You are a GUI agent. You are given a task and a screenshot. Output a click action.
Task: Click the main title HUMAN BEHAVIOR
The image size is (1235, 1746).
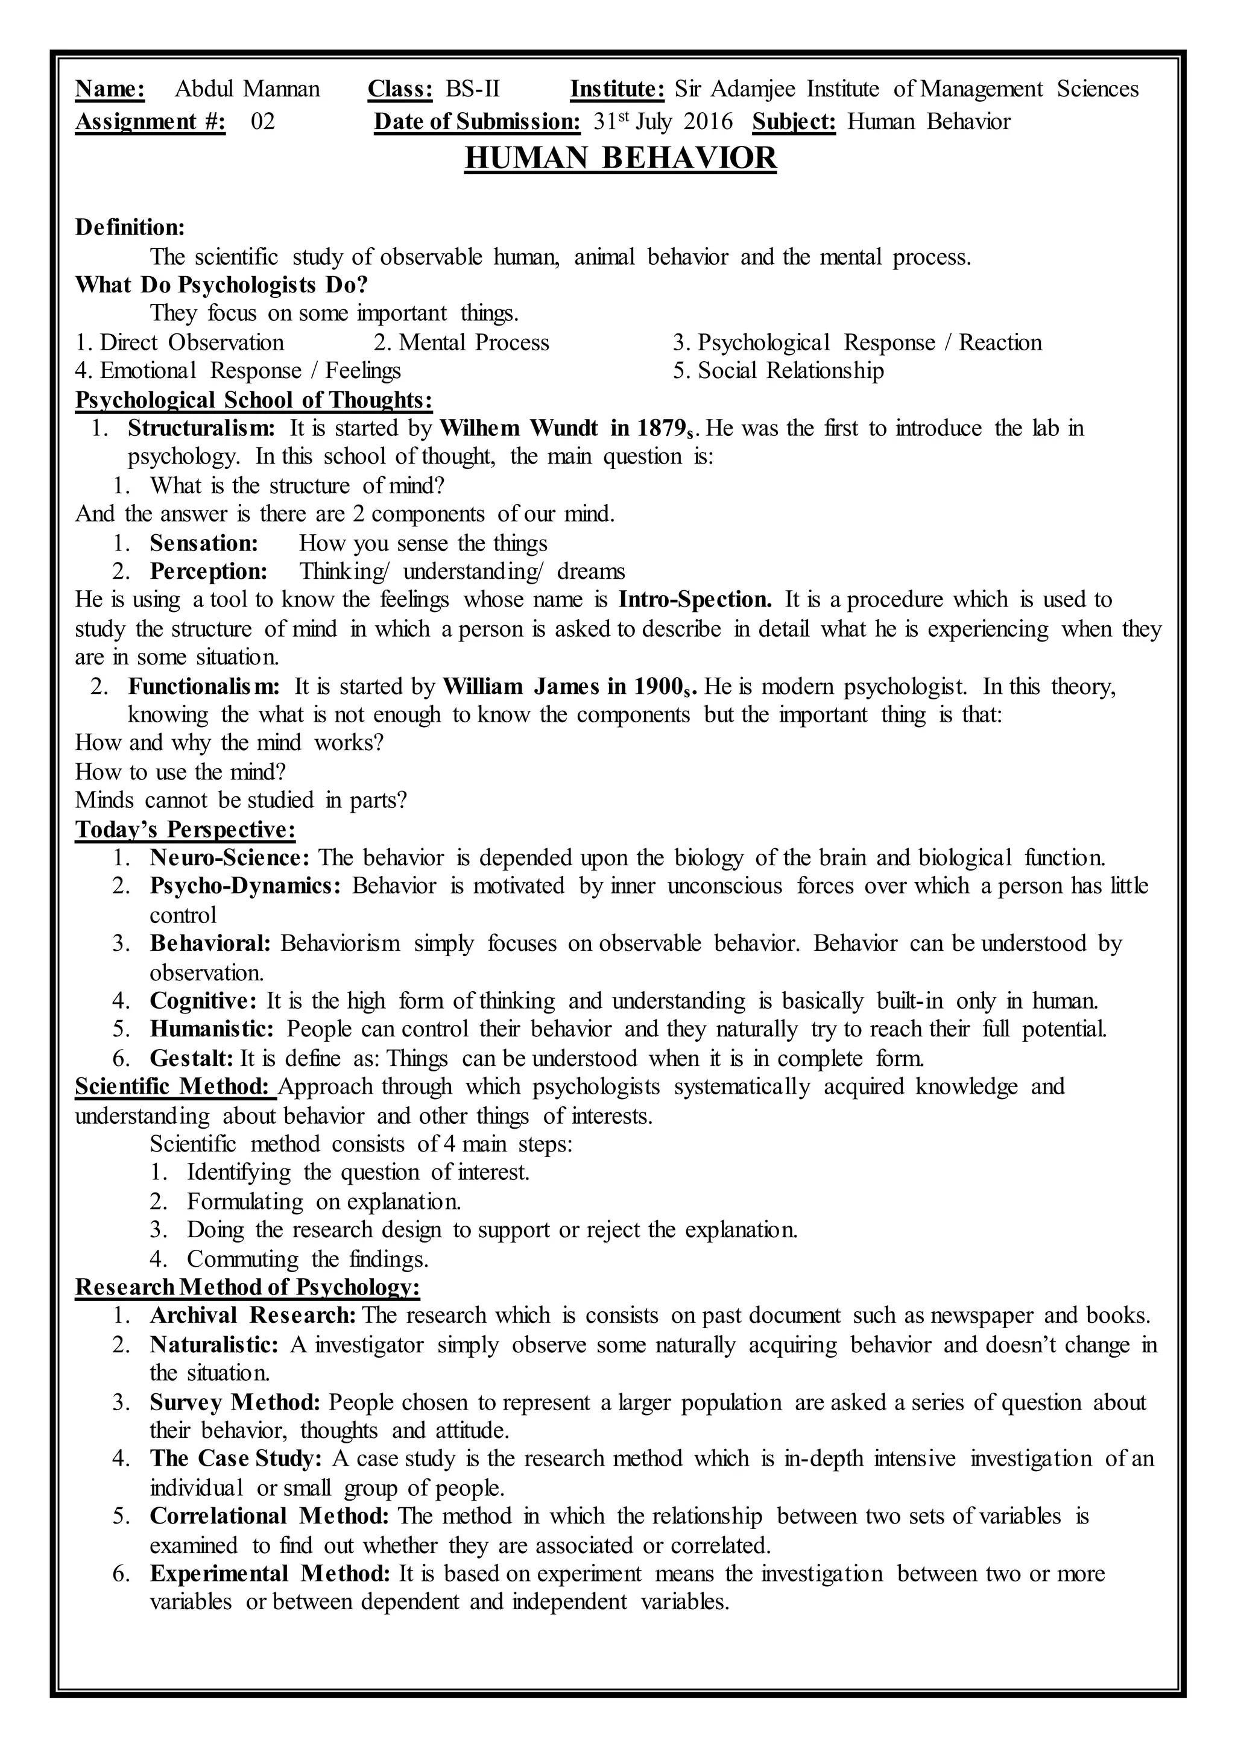pyautogui.click(x=620, y=158)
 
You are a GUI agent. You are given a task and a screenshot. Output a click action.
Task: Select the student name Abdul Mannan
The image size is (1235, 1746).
pyautogui.click(x=247, y=90)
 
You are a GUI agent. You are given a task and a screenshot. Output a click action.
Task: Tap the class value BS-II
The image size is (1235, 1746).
pyautogui.click(x=472, y=90)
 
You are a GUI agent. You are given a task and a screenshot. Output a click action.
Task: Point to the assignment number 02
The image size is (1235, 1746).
pyautogui.click(x=262, y=122)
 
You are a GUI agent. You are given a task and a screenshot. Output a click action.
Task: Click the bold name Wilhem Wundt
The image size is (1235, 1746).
pyautogui.click(x=519, y=428)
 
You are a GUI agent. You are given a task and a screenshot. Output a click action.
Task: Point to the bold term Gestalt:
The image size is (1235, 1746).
pyautogui.click(x=192, y=1058)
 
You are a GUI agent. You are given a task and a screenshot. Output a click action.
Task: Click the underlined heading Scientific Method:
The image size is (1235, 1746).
pyautogui.click(x=175, y=1086)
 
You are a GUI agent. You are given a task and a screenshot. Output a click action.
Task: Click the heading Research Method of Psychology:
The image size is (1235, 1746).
pyautogui.click(x=247, y=1287)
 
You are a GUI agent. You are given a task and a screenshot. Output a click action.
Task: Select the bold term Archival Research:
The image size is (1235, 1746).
pyautogui.click(x=253, y=1316)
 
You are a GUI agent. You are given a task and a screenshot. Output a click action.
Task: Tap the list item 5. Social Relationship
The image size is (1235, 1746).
pyautogui.click(x=778, y=371)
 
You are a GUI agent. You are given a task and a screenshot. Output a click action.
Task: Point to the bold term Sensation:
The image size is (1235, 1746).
pyautogui.click(x=204, y=543)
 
